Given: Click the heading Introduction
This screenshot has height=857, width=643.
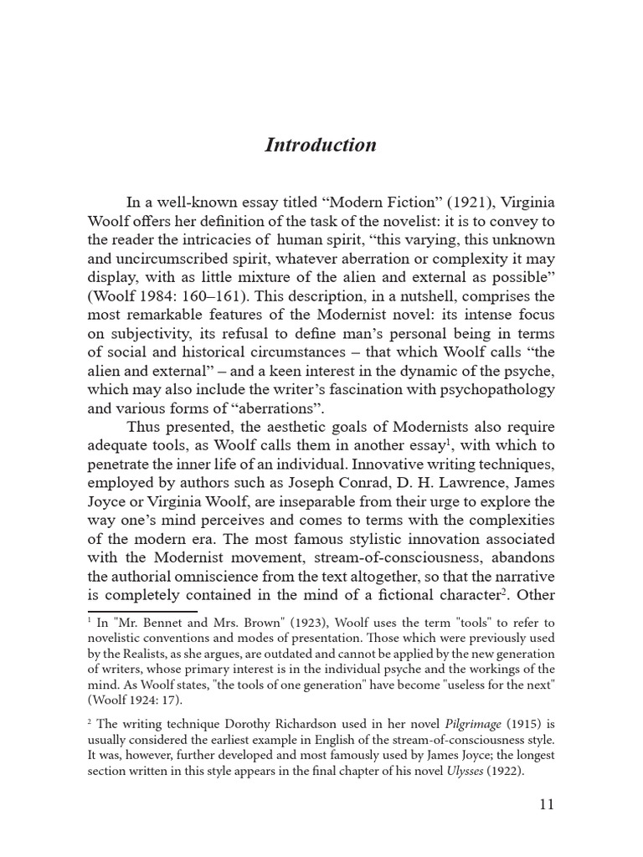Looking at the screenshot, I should pyautogui.click(x=321, y=145).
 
